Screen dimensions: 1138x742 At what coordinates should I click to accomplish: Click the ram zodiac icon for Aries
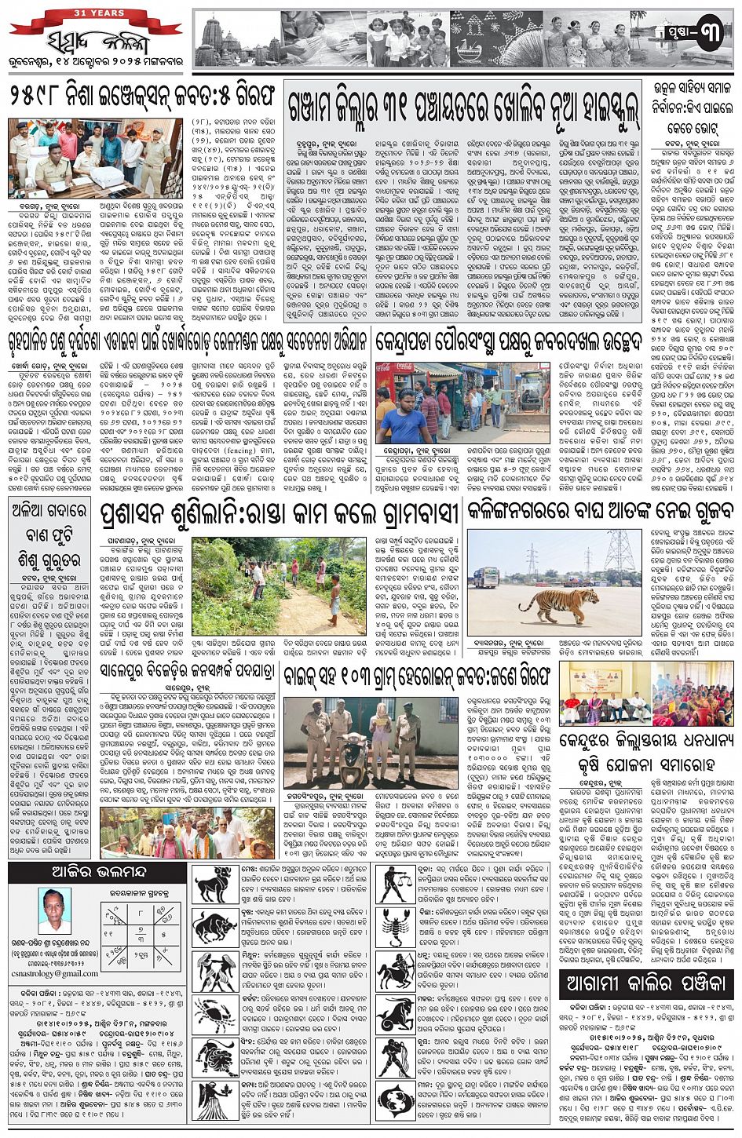213,885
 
